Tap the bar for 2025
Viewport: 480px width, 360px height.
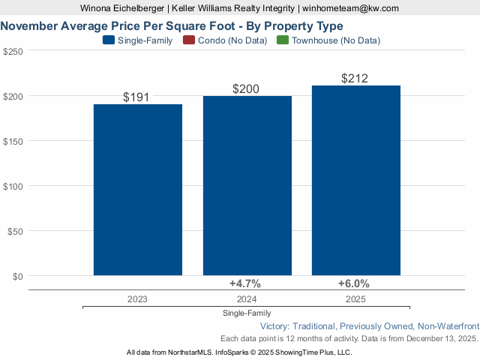[356, 181]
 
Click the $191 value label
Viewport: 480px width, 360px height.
[137, 97]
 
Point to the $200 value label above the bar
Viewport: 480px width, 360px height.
[246, 88]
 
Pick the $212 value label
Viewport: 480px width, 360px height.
[355, 78]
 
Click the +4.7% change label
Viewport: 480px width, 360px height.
[244, 283]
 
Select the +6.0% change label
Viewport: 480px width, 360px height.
[354, 283]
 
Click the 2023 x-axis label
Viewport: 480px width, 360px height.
[137, 298]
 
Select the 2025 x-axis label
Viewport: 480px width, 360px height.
[356, 298]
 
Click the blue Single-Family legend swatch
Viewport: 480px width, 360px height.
[108, 40]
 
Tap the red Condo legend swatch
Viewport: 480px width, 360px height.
[188, 40]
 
